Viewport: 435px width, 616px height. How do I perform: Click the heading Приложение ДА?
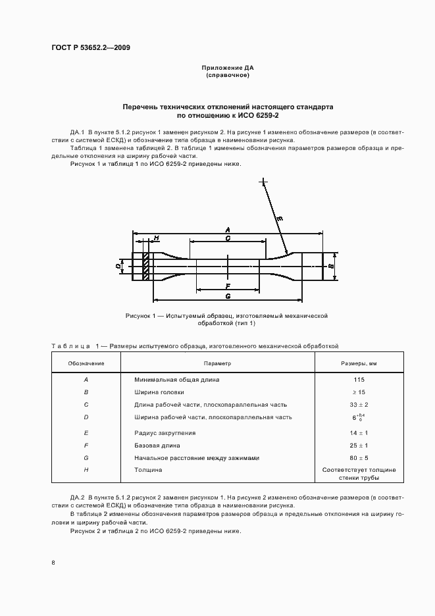coord(228,68)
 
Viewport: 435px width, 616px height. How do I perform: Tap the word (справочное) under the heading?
coord(228,75)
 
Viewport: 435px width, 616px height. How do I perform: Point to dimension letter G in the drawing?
coord(227,296)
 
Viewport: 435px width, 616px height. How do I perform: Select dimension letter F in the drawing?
coord(227,286)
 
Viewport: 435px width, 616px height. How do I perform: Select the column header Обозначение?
coord(86,363)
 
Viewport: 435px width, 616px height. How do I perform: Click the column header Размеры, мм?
coord(359,363)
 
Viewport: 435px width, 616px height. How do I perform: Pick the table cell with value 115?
coord(359,380)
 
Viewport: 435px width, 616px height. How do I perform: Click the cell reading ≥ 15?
coord(359,392)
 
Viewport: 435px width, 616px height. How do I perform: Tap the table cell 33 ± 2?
coord(359,405)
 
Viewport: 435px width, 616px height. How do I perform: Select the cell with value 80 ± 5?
coord(359,458)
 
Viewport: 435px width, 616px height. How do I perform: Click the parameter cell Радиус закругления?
coord(165,433)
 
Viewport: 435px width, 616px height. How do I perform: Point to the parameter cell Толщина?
coord(148,471)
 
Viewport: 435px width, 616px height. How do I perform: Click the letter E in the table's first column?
coord(86,433)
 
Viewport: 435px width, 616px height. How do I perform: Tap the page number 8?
coord(53,563)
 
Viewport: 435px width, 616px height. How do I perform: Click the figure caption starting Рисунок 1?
coord(227,320)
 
